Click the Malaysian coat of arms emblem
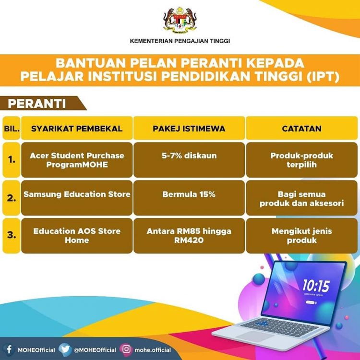tap(180, 21)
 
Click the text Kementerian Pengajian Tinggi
tap(180, 41)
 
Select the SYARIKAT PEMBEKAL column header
tap(77, 128)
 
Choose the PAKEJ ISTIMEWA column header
tap(189, 128)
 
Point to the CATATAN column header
tap(302, 128)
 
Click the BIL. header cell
tap(12, 128)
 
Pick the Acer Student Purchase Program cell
tap(77, 160)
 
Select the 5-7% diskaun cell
tap(189, 160)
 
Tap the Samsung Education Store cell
tap(77, 198)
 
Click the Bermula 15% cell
tap(189, 198)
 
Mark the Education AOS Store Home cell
tap(77, 236)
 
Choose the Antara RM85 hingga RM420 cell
tap(189, 236)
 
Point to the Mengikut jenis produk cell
tap(302, 236)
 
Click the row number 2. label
tap(12, 198)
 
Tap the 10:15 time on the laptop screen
tap(316, 286)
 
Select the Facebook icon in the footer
tap(9, 349)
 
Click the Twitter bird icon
tap(65, 349)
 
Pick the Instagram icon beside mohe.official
tap(126, 349)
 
